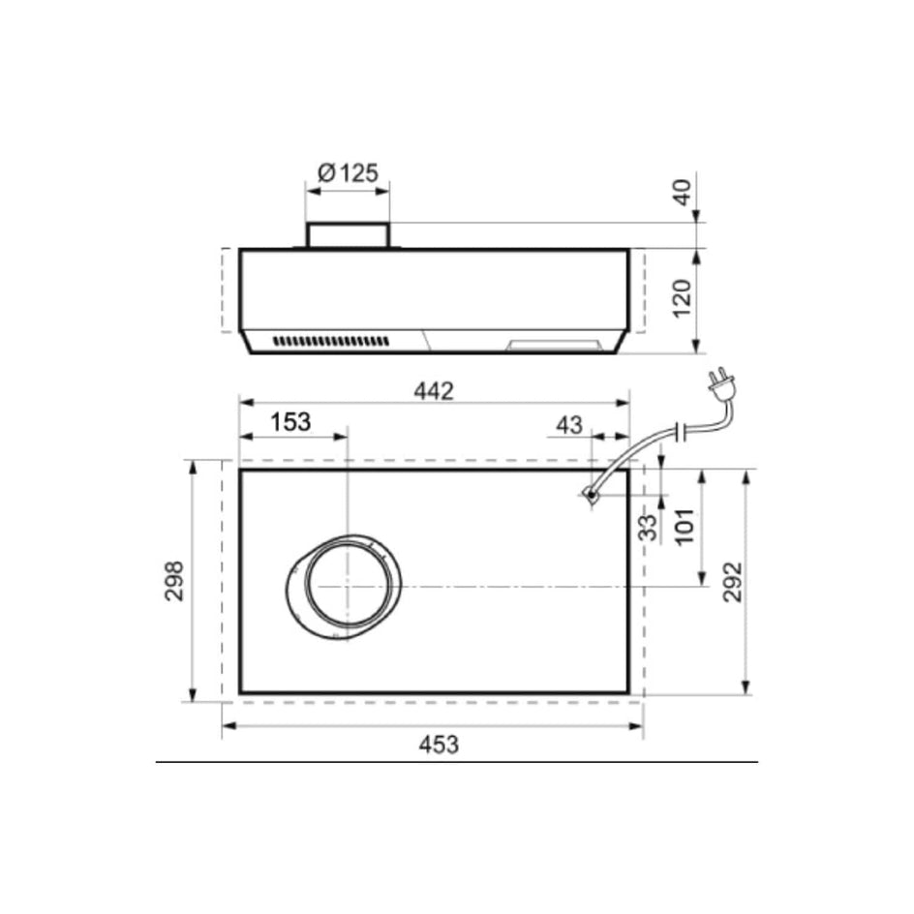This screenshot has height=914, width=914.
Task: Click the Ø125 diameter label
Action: tap(348, 173)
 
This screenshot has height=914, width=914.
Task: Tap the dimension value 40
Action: tap(683, 193)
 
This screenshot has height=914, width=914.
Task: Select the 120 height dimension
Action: tap(683, 299)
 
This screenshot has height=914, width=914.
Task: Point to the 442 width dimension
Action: tap(434, 391)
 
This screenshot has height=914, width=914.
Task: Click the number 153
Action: tap(290, 421)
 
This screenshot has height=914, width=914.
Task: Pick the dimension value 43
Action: tap(569, 425)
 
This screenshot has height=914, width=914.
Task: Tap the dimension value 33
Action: tap(648, 528)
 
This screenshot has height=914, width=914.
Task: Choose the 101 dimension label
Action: tap(685, 527)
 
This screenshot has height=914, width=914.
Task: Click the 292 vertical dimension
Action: tap(733, 582)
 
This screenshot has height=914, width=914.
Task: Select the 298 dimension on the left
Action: tap(174, 581)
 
